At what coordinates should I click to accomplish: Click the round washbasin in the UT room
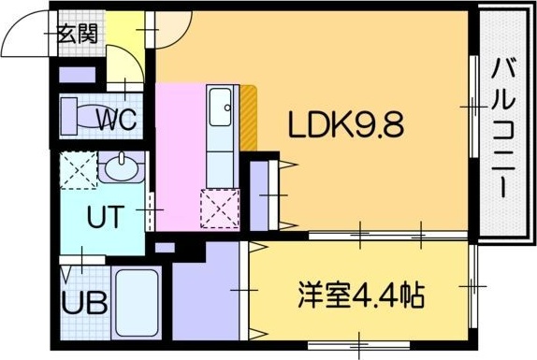120,169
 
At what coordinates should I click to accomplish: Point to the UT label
103,219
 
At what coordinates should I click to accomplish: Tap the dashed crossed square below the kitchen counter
220,208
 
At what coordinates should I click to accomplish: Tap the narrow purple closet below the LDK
261,196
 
